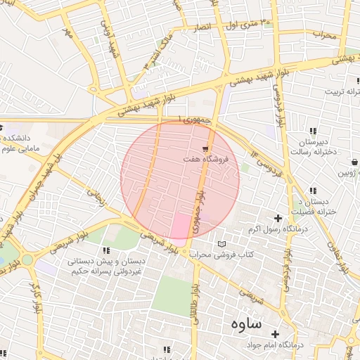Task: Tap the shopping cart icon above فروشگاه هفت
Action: pos(205,149)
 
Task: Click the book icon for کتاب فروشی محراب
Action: pos(222,243)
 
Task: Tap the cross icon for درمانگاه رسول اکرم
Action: pos(278,218)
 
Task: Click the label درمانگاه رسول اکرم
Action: pos(274,229)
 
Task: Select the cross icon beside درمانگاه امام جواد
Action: pos(274,334)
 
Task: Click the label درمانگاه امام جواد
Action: pos(275,345)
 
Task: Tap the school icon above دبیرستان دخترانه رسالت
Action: pos(312,131)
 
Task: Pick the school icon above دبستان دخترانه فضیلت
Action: pos(313,191)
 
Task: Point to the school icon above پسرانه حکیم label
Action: pos(106,250)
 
